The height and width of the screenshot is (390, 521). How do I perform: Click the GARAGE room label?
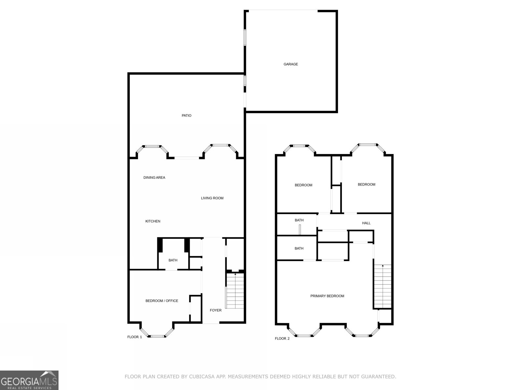[290, 64]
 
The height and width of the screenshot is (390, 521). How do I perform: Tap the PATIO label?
[186, 116]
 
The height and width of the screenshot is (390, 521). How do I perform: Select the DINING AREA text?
[154, 178]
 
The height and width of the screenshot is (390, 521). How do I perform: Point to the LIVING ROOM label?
[212, 198]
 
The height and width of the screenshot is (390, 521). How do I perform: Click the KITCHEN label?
[152, 221]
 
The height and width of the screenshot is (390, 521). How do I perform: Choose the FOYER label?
[215, 310]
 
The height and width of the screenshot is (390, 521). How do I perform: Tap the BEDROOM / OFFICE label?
[162, 301]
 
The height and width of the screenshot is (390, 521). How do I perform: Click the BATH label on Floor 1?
[173, 260]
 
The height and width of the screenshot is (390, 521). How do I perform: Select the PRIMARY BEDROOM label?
[327, 296]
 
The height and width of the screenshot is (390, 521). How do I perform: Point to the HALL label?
[366, 223]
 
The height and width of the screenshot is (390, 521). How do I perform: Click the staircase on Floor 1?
[235, 292]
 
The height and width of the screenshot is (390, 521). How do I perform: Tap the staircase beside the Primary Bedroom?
[382, 286]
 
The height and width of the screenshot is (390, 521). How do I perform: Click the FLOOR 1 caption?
[134, 337]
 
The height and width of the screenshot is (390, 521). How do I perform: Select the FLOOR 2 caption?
[282, 339]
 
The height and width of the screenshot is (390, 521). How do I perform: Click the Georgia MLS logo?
[29, 380]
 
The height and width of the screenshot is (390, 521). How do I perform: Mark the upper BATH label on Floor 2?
[299, 220]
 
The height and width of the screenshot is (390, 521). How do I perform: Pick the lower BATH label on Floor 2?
[299, 249]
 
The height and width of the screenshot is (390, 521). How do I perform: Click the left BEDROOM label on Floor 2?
[303, 185]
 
